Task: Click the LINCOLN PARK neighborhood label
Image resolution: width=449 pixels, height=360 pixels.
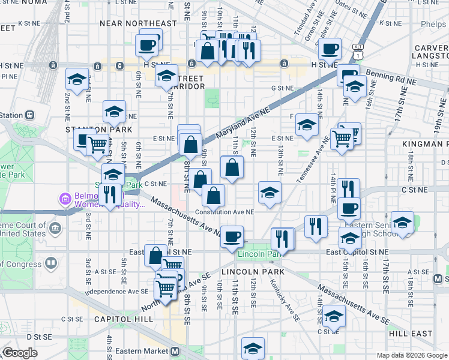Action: point(253,272)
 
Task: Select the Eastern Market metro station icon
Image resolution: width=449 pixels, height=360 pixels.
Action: point(175,351)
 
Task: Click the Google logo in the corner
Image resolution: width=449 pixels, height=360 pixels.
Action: point(20,352)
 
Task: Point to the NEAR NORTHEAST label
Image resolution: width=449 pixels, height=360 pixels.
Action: point(139,23)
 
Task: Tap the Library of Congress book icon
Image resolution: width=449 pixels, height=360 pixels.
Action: point(52,262)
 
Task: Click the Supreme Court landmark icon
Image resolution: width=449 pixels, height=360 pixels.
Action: point(55,228)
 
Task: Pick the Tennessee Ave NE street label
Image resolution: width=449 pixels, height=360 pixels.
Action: point(312,160)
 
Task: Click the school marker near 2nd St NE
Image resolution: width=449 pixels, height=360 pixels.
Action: point(77,79)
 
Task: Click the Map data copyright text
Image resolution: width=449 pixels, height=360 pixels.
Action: point(411,355)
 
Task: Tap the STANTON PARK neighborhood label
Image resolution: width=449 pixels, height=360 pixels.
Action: point(90,129)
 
